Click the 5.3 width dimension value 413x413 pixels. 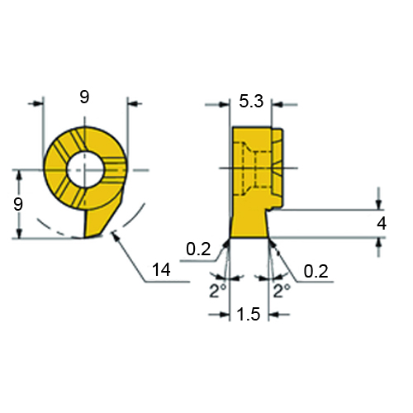(x=251, y=101)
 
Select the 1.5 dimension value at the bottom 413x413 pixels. (x=249, y=314)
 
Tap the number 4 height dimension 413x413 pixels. (x=382, y=223)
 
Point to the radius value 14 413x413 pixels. (x=162, y=269)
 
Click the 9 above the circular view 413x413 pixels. (x=84, y=97)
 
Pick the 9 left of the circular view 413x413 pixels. (x=18, y=204)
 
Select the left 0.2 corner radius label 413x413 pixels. (x=198, y=249)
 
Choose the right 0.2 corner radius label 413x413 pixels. (x=316, y=271)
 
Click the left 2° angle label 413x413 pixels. (x=218, y=291)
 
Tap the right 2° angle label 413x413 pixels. (x=282, y=291)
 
